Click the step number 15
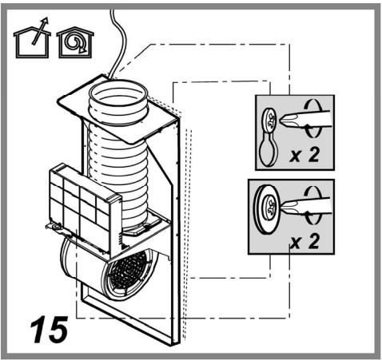coord(49,330)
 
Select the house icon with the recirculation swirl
coord(75,42)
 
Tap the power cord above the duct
coord(118,42)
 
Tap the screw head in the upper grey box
coord(270,121)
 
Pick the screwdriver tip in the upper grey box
coord(288,120)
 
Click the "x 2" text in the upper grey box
coord(304,155)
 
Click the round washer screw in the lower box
coord(267,210)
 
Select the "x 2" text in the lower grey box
coord(304,241)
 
